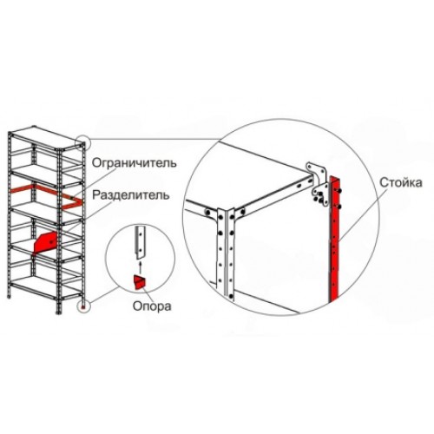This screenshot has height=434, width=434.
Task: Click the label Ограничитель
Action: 134,163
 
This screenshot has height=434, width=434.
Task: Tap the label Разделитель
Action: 131,195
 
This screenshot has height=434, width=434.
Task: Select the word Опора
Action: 152,306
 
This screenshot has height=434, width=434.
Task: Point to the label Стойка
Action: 401,183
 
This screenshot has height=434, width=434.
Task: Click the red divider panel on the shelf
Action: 46,241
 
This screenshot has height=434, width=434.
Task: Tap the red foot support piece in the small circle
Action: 140,282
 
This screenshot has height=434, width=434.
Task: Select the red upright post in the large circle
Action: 334,239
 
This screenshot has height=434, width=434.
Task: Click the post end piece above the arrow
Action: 141,242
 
